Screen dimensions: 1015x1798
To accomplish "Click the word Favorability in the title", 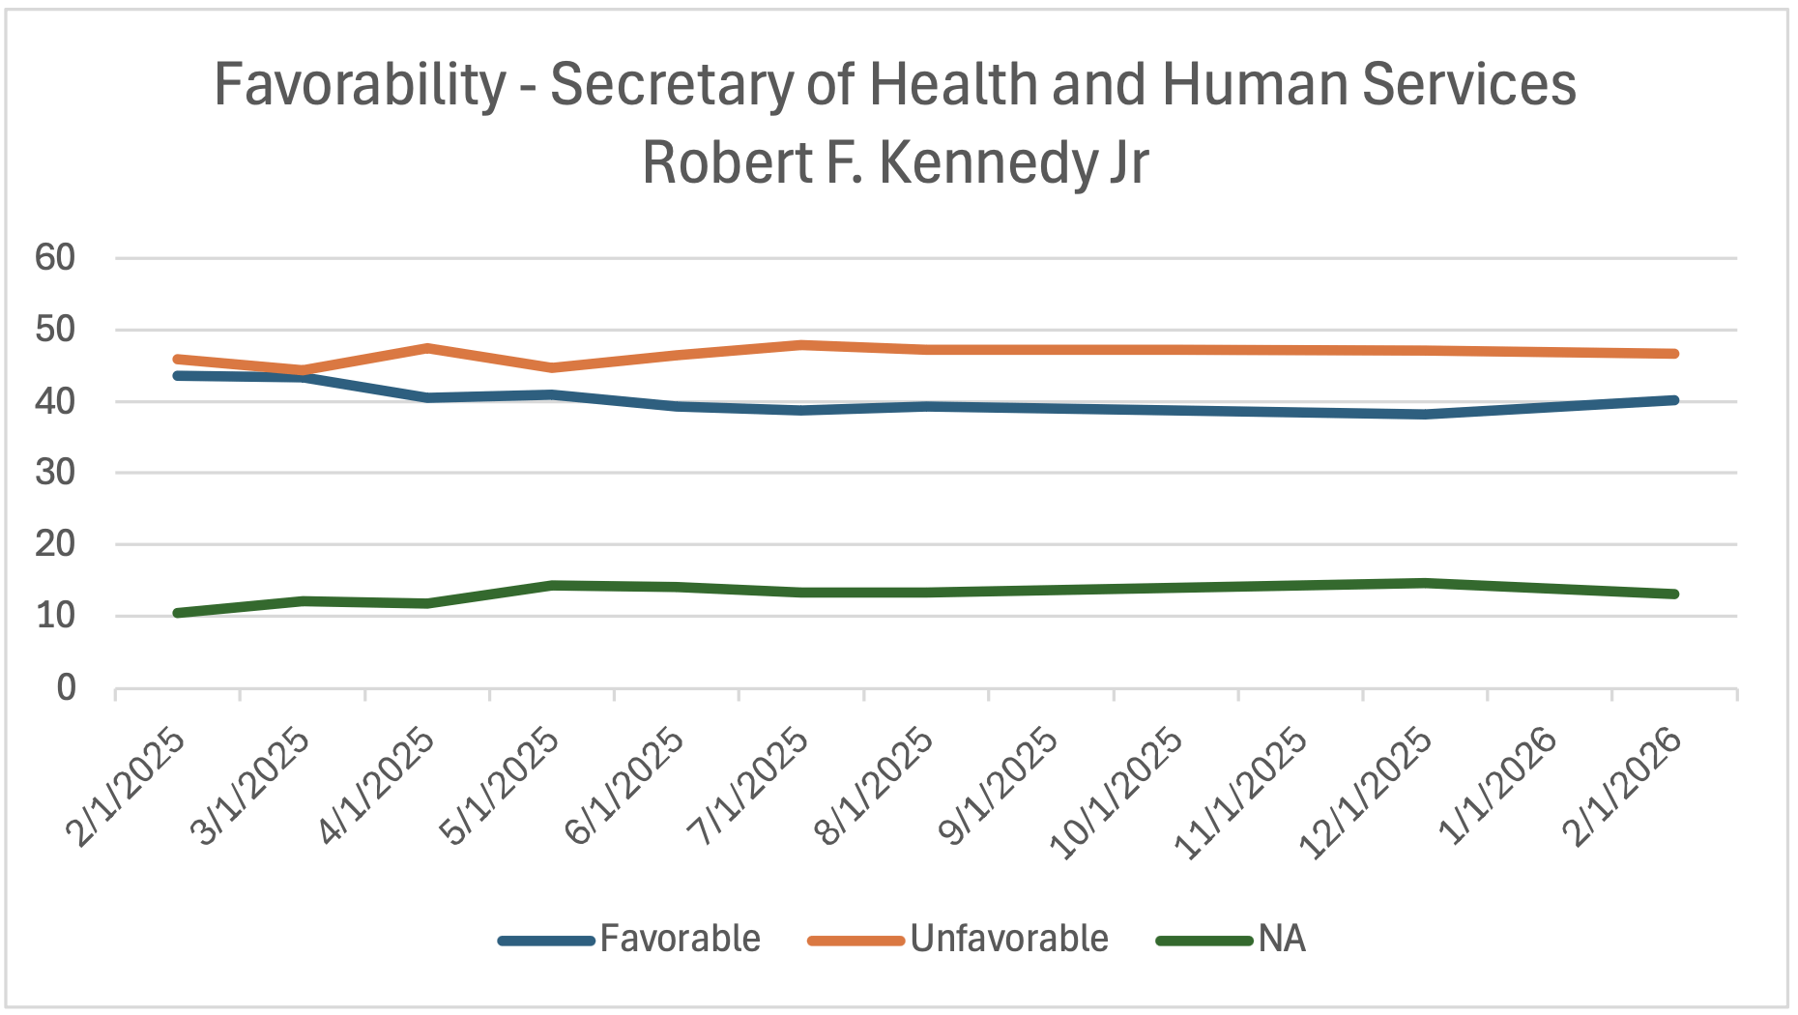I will (x=360, y=85).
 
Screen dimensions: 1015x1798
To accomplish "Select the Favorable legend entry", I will (x=680, y=939).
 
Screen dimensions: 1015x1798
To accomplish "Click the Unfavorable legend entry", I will (x=1008, y=939).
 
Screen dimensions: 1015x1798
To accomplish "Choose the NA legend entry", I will (x=1281, y=939).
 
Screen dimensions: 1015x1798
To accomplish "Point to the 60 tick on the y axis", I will (x=54, y=258).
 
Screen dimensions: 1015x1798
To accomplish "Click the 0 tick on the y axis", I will (x=66, y=688).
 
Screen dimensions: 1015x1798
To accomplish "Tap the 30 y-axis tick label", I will (x=54, y=473).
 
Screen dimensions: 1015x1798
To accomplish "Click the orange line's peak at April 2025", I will (x=427, y=348).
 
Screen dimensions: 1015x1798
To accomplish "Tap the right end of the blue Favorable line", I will (x=1673, y=400).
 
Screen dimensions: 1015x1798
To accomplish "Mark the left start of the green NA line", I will (x=178, y=613).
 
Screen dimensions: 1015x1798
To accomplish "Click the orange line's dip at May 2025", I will (x=552, y=367).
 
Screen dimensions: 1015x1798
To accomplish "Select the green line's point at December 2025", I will (x=1424, y=583).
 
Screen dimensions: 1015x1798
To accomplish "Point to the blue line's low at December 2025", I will (x=1424, y=414).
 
